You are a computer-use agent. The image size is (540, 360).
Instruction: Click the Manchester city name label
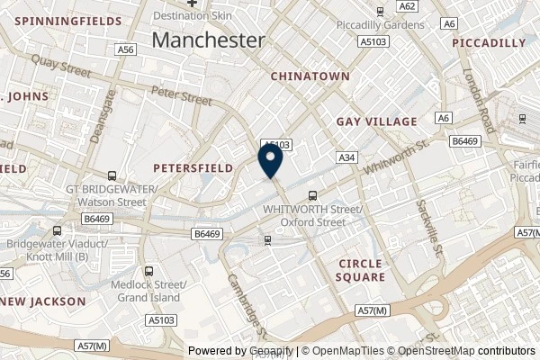(209, 40)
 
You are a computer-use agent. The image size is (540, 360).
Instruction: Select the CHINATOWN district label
(310, 76)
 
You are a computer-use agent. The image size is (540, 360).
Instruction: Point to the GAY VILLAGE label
(376, 121)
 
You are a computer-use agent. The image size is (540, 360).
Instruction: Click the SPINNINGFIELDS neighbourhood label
(60, 20)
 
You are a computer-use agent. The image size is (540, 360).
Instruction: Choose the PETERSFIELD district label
(193, 167)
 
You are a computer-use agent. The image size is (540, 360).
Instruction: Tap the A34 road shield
(347, 157)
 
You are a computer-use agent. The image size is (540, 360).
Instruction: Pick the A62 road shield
(408, 6)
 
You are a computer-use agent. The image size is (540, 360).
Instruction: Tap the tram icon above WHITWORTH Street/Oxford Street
(313, 195)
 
